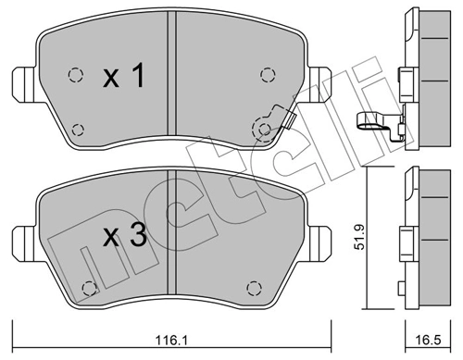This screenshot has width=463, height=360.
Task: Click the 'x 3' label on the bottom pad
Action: pyautogui.click(x=123, y=237)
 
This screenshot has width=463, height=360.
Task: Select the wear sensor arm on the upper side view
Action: pyautogui.click(x=372, y=118)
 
